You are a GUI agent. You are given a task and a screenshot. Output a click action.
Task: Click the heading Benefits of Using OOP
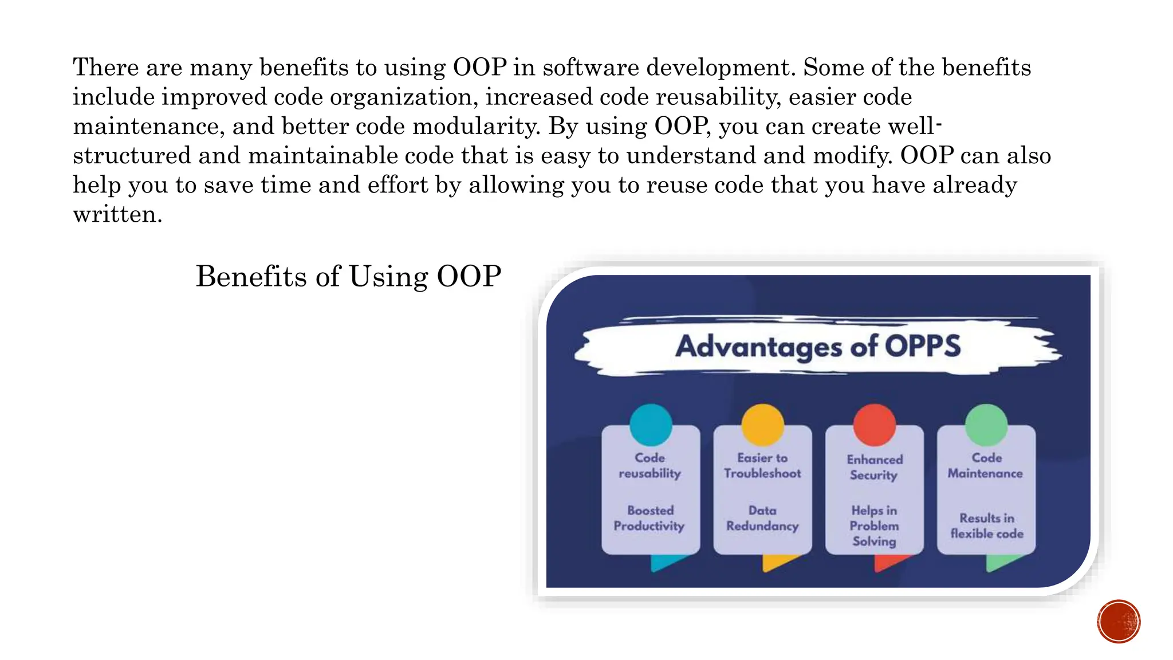tap(348, 277)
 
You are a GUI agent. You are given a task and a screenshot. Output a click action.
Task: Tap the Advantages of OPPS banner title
tap(818, 346)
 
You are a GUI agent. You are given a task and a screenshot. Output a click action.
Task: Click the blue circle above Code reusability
tap(651, 425)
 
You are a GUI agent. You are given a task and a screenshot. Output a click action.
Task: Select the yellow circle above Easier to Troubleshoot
tap(762, 425)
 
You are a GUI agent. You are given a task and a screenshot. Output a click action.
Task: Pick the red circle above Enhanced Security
tap(874, 425)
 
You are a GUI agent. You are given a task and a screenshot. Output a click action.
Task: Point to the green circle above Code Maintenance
tap(986, 425)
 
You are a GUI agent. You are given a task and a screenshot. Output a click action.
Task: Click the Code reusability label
tap(650, 465)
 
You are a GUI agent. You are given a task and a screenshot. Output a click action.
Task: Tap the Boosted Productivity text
tap(650, 518)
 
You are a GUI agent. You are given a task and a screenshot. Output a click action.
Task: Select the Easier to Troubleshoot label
tap(762, 465)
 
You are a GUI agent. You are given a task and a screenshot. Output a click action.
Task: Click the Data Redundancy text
tap(762, 518)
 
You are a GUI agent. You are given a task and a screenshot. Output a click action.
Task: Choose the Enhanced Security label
tap(874, 467)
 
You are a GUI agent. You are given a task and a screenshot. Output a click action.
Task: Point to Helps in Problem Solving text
tap(874, 525)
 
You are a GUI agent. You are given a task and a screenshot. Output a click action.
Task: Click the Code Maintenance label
tap(986, 465)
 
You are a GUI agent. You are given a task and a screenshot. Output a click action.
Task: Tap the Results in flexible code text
tap(987, 525)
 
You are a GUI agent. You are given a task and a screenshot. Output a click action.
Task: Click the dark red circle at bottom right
tap(1119, 621)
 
